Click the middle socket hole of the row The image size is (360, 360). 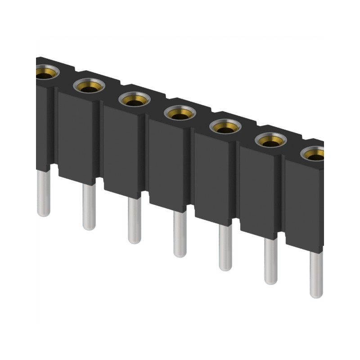[x=180, y=113]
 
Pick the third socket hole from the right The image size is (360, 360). [x=225, y=127]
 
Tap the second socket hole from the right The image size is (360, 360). [x=271, y=141]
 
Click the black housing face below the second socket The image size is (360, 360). [x=76, y=135]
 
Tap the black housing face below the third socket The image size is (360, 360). [x=121, y=148]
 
